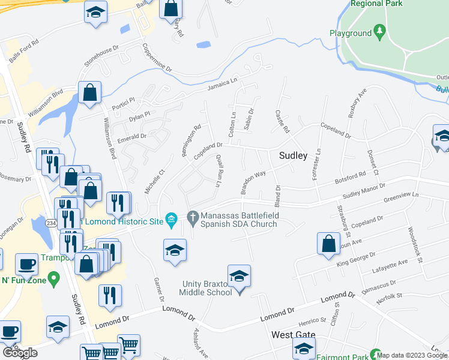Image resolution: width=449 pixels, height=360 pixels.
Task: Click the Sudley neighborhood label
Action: coord(293,155)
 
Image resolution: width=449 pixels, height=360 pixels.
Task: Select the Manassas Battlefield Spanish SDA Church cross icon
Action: coord(193,217)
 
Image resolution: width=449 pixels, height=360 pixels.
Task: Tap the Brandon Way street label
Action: coord(253,183)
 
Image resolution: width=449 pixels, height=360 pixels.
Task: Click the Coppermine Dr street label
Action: coord(157,58)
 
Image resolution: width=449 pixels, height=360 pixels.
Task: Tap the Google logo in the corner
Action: coord(20,353)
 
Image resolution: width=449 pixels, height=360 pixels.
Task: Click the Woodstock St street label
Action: coord(417,244)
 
